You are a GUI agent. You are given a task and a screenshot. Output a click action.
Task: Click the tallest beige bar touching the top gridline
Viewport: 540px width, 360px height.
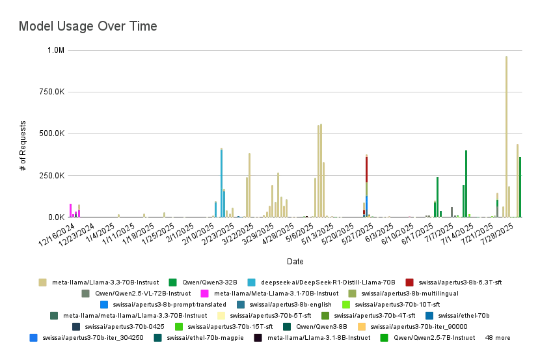pos(507,130)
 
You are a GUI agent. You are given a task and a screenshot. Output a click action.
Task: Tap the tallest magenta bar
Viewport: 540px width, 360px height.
pos(70,210)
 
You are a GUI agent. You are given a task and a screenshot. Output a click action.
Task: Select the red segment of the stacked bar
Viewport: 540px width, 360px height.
pos(367,169)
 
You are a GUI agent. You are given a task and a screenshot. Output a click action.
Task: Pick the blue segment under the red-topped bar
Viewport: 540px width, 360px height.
pos(367,204)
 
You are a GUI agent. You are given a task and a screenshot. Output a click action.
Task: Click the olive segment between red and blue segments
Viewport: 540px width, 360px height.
pos(367,189)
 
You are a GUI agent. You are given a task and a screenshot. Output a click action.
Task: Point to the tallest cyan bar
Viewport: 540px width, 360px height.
pos(221,182)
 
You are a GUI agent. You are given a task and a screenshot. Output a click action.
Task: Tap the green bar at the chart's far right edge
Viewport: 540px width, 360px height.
pos(522,186)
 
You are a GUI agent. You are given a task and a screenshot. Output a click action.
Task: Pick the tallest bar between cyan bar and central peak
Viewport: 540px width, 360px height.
pos(249,184)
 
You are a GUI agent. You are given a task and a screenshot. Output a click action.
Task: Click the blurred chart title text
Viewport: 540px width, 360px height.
pos(88,27)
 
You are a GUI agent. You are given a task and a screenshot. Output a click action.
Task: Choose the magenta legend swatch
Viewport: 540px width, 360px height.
pos(205,294)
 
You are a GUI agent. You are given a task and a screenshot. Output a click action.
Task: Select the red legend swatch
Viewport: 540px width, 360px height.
pos(409,281)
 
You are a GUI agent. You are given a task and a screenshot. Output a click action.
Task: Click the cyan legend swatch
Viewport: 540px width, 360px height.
pos(252,281)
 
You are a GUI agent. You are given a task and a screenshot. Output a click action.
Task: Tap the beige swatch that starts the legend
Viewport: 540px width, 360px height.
pos(42,281)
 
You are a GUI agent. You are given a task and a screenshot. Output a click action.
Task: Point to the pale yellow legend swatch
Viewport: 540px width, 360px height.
pos(221,315)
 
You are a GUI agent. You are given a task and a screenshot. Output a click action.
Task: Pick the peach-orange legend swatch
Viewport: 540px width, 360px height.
pos(362,325)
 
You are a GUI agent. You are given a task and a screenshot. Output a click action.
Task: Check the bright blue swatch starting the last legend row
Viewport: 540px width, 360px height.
pos(33,338)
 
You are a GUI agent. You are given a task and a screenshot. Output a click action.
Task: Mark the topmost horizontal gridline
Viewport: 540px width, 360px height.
pos(296,49)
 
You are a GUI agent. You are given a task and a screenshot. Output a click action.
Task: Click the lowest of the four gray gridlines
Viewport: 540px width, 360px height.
pos(296,174)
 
